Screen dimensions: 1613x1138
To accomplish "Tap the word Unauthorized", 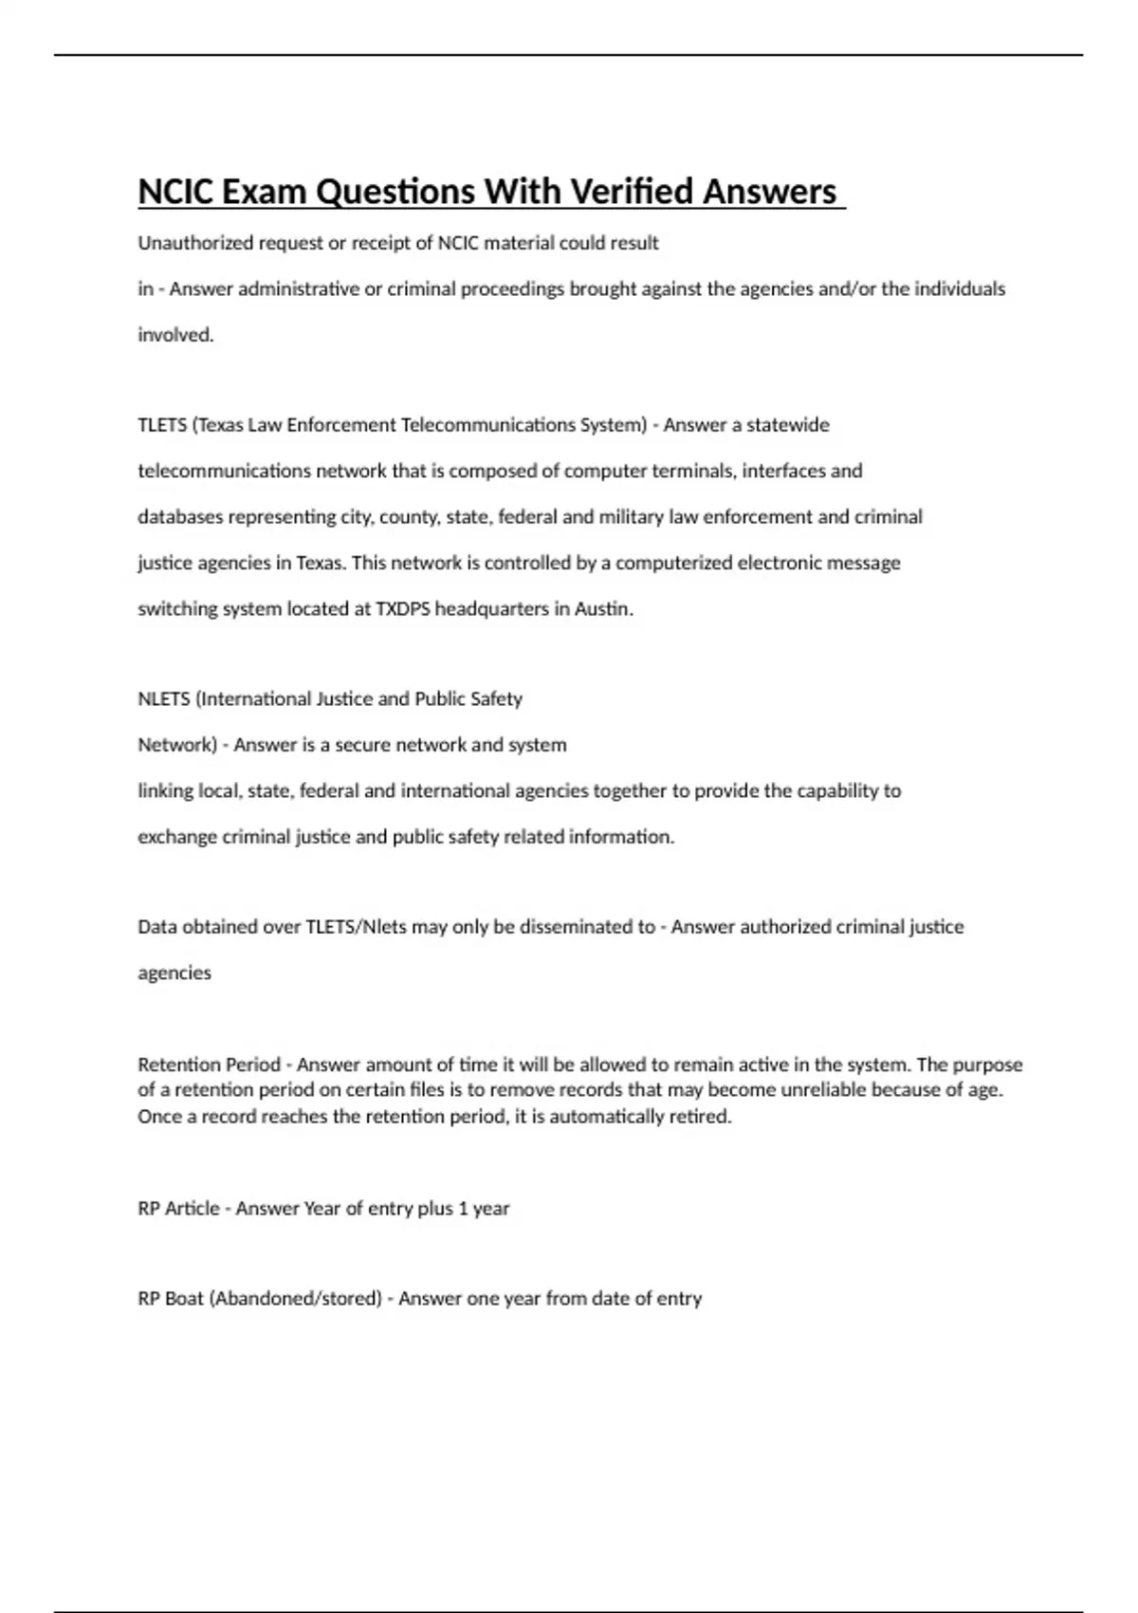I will point(195,243).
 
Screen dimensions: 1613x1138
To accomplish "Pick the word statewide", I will point(787,425).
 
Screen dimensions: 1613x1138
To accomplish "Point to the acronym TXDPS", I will point(403,609).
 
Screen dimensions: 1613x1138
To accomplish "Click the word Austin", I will point(603,609).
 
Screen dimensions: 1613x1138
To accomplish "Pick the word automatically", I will point(606,1117).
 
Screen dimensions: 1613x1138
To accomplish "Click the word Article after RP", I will point(193,1209).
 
